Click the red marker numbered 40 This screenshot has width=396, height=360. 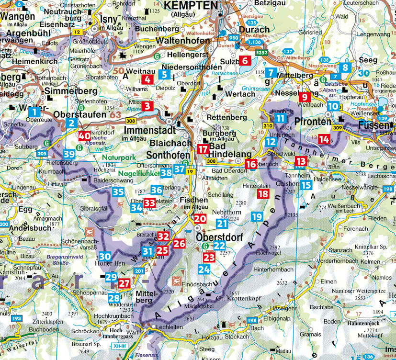84,136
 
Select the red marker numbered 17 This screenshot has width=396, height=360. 202,149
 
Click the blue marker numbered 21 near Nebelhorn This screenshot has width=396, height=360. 221,223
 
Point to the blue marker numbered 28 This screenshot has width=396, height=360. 114,298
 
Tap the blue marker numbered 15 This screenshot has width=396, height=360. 306,185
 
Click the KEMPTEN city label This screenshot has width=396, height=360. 192,6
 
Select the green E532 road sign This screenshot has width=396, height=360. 261,52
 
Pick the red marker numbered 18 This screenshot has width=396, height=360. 263,194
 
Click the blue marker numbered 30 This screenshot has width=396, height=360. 105,256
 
